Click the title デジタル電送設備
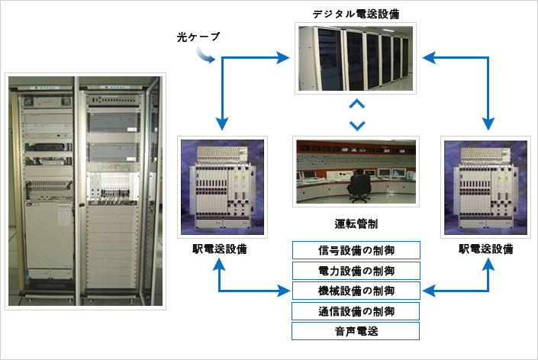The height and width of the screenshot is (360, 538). (356, 14)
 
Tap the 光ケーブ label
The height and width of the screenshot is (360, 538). (198, 37)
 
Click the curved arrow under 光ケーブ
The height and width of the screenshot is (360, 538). (205, 56)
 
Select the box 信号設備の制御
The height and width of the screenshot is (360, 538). (356, 250)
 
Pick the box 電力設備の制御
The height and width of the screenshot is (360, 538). (356, 271)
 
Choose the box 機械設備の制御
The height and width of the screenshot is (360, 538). (356, 291)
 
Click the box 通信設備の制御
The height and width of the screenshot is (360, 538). (356, 311)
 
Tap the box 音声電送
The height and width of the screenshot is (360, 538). (356, 331)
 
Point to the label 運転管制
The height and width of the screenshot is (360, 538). (356, 224)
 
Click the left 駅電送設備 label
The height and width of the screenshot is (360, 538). (220, 249)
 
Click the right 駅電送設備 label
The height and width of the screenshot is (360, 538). (486, 249)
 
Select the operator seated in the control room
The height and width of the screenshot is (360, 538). (359, 185)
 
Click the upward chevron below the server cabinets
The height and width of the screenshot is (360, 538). (357, 104)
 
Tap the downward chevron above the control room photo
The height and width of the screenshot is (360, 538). (357, 126)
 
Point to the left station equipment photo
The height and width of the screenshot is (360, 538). (222, 187)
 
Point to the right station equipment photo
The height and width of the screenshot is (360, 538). (485, 187)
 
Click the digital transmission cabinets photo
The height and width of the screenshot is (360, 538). (356, 58)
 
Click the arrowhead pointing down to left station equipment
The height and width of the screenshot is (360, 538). (222, 124)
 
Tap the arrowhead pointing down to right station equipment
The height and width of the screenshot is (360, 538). (488, 124)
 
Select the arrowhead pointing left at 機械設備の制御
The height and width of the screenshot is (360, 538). (429, 291)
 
